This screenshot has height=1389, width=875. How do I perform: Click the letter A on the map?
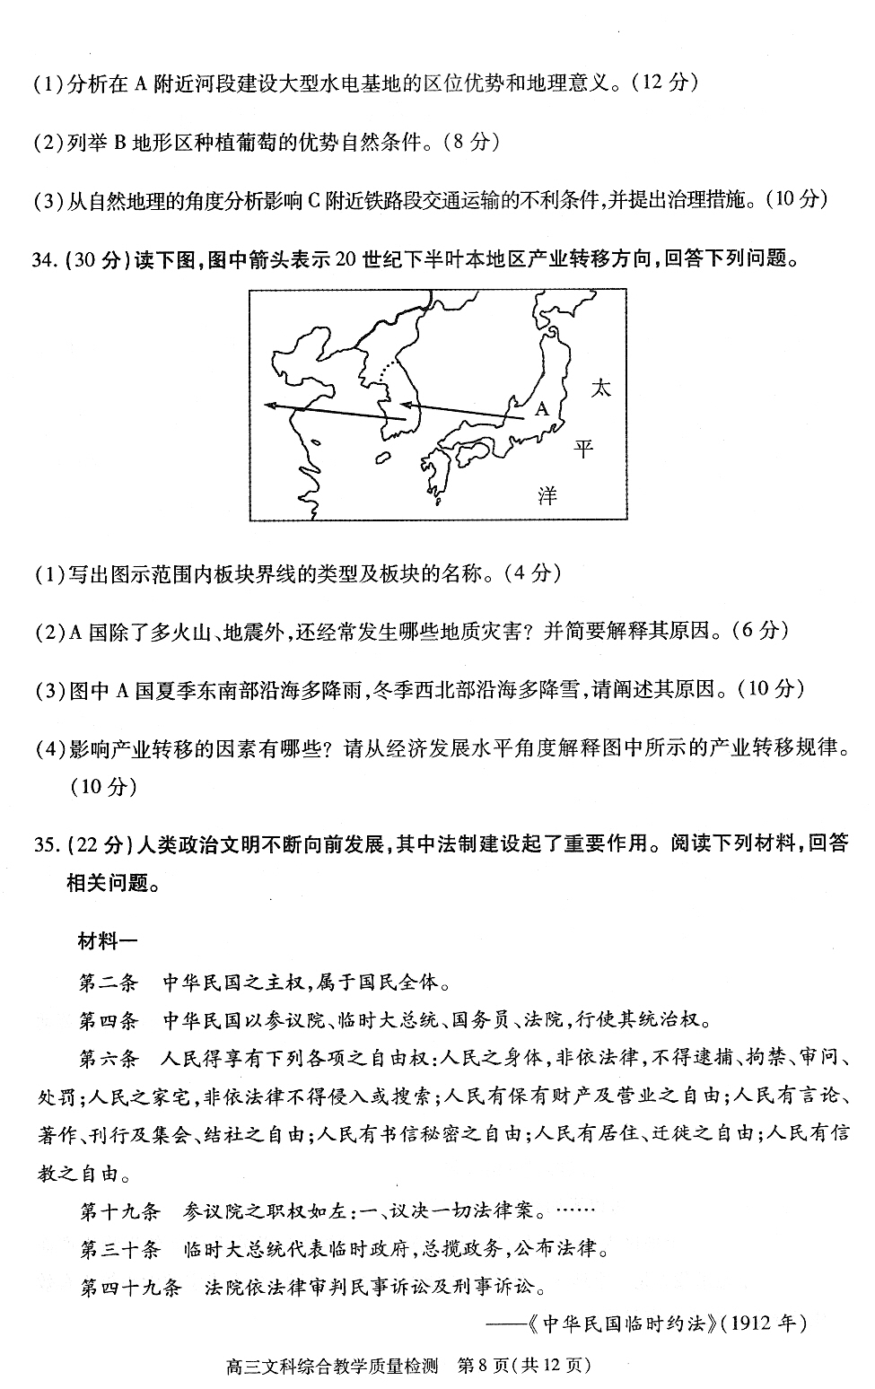(x=541, y=409)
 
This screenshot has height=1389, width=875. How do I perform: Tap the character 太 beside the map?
(x=600, y=389)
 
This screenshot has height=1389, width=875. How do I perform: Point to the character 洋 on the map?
(x=547, y=495)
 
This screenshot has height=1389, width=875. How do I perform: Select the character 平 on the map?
(x=584, y=448)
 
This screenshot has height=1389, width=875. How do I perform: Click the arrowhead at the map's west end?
(x=270, y=406)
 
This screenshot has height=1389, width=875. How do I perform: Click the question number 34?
(x=44, y=259)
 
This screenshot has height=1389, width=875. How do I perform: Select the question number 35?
(x=44, y=843)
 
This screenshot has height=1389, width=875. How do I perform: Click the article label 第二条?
(x=108, y=982)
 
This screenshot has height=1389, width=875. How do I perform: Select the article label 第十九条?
(x=118, y=1210)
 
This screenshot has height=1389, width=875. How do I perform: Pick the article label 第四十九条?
(x=130, y=1288)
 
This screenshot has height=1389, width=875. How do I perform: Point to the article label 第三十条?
(x=118, y=1249)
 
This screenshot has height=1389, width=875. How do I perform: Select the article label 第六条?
(x=108, y=1058)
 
